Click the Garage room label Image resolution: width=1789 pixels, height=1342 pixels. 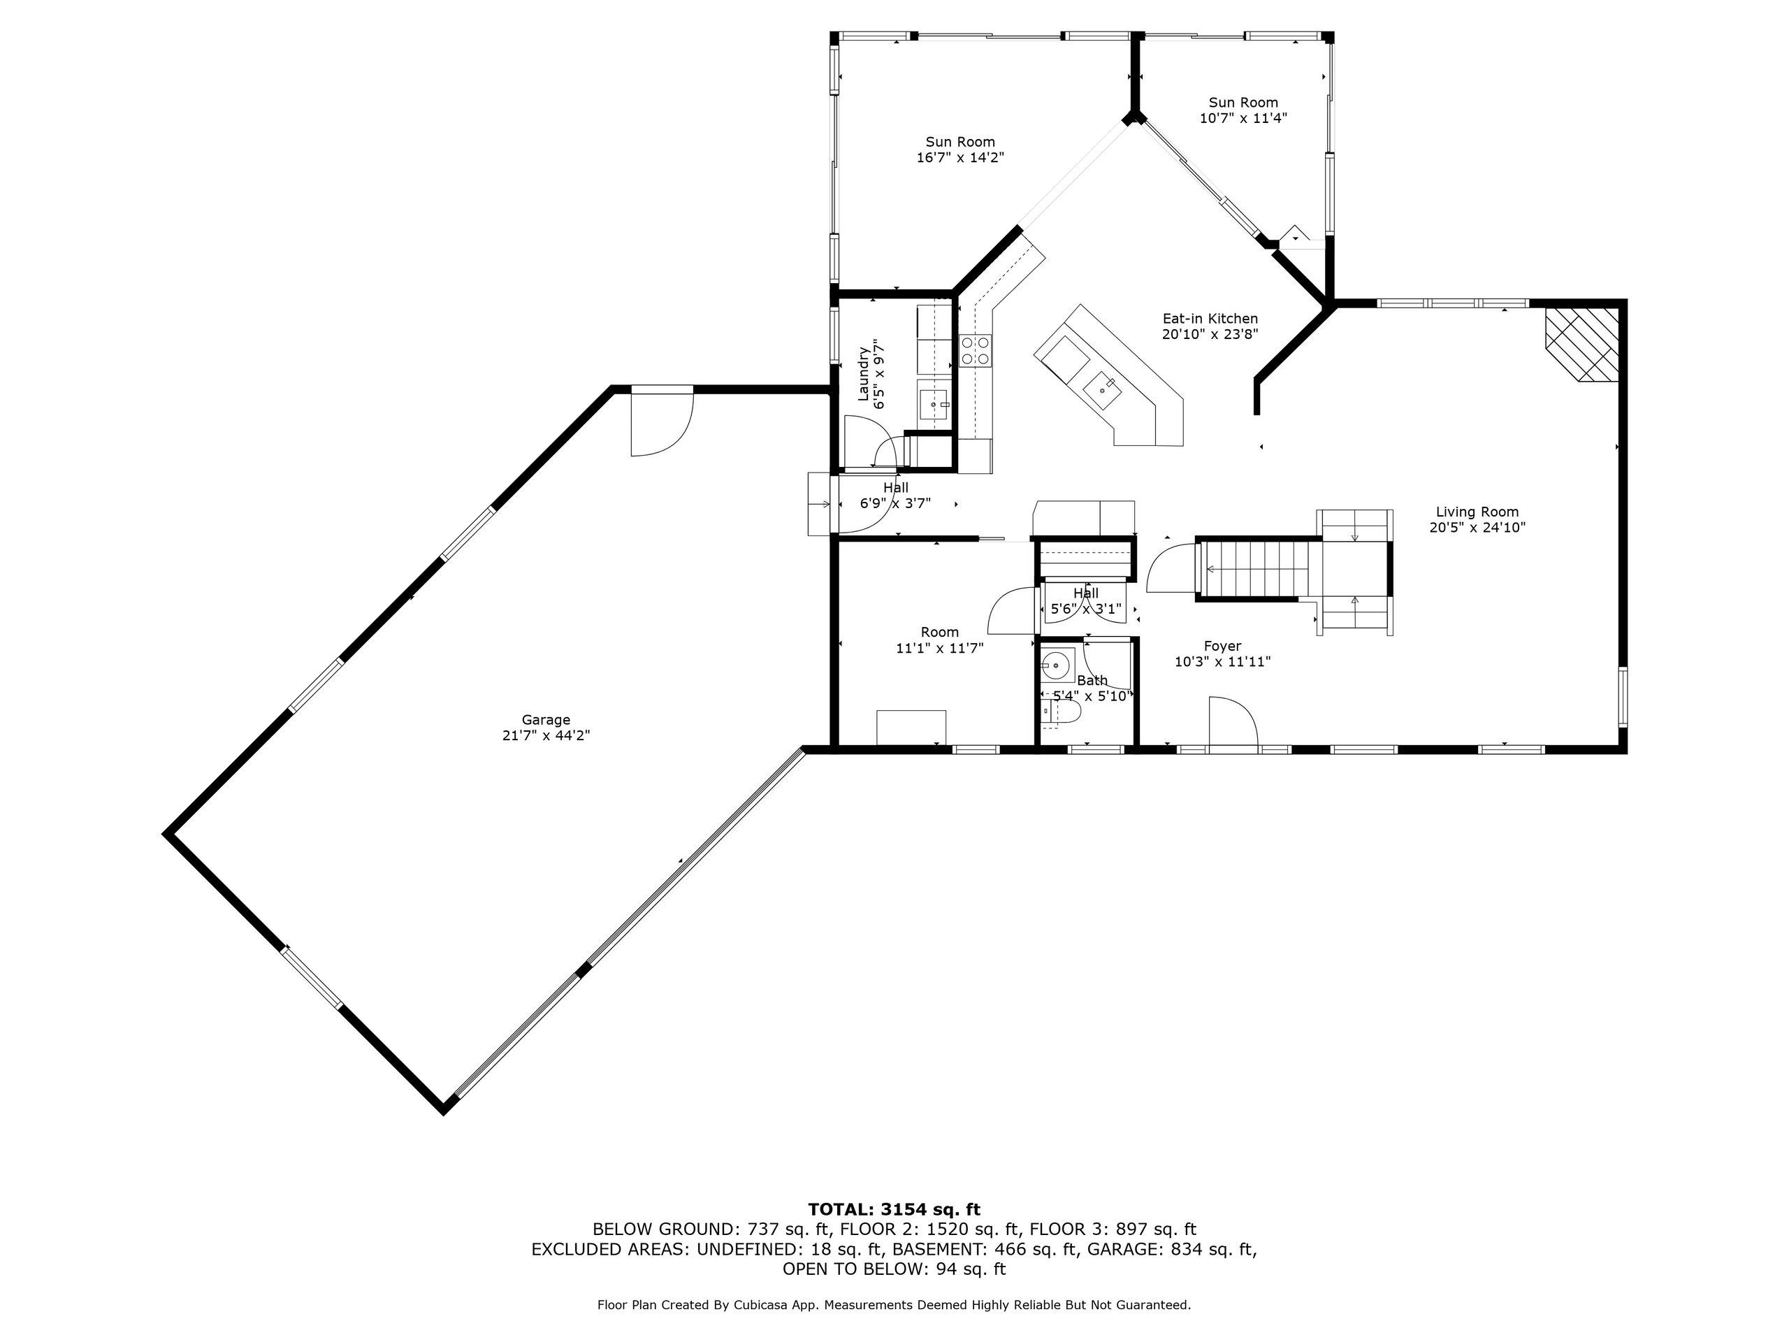click(546, 720)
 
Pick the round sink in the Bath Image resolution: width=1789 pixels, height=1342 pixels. click(1056, 667)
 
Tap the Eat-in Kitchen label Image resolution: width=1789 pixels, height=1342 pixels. click(1210, 319)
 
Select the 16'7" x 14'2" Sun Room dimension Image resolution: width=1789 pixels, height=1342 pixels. click(960, 158)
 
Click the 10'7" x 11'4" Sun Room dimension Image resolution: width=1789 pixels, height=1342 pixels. click(1243, 118)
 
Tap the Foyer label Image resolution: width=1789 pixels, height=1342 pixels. click(1222, 647)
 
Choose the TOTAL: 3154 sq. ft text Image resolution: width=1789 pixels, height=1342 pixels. click(894, 1209)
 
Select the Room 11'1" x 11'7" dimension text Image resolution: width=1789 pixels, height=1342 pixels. click(940, 648)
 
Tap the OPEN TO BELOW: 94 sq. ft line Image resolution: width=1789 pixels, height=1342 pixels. click(894, 1269)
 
